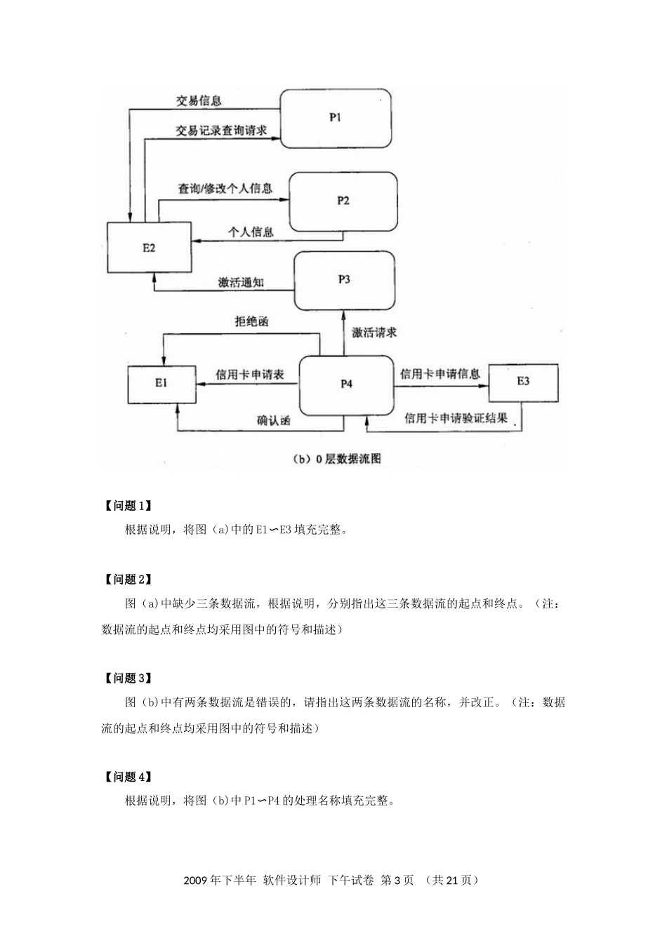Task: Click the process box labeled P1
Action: [335, 118]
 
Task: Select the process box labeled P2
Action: [343, 201]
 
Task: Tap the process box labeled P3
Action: [344, 280]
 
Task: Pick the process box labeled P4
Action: [346, 384]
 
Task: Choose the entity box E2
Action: [149, 248]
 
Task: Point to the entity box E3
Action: [523, 382]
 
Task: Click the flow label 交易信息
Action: [199, 100]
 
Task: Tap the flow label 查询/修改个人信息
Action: [225, 188]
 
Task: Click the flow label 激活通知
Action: [241, 282]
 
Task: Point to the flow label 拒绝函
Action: [251, 322]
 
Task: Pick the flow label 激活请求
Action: [374, 333]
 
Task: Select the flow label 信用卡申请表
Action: [249, 375]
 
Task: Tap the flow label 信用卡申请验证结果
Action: [456, 419]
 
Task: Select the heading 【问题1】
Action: [127, 506]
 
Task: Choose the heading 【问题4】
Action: [127, 777]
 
